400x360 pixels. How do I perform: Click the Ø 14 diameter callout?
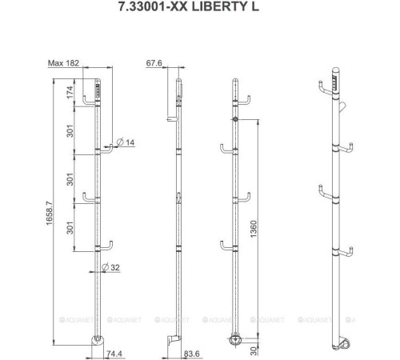pos(125,142)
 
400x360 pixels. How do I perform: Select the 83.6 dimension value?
pos(191,351)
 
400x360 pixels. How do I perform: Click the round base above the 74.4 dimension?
pos(99,342)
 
